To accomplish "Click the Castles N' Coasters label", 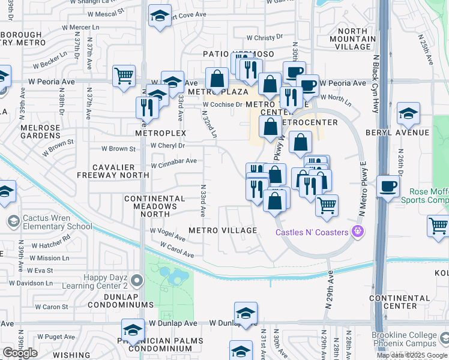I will coord(312,232).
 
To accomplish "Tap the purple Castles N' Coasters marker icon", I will coord(358,230).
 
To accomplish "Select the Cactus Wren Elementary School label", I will coord(55,222).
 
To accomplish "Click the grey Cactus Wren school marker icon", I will coord(13,222).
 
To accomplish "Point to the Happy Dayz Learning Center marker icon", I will coord(137,280).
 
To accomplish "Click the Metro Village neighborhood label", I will coord(223,230).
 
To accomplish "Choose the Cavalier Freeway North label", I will coord(113,170).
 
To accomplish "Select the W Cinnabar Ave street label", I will coord(173,161).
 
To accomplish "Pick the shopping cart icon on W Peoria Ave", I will coord(124,76).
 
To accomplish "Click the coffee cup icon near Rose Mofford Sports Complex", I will coord(388,186).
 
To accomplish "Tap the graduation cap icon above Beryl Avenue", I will coord(408,113).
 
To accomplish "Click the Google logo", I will coord(20,353).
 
